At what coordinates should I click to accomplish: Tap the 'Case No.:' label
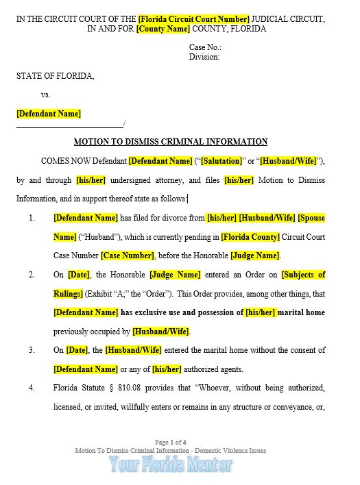pos(205,48)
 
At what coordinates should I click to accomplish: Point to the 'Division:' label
pos(204,58)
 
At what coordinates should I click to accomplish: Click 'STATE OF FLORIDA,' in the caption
pos(56,76)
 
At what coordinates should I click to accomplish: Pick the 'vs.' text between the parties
pos(46,95)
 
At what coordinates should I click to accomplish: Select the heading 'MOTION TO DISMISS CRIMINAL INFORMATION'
pos(171,142)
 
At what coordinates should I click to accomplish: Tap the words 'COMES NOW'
pos(64,161)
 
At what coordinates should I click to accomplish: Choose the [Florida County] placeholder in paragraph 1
pos(250,237)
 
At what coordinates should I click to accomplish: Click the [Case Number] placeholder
pos(128,256)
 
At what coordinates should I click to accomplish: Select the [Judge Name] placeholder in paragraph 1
pos(254,256)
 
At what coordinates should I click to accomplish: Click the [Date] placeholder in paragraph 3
pos(77,350)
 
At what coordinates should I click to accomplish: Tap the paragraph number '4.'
pos(32,388)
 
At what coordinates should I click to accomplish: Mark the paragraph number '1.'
pos(32,218)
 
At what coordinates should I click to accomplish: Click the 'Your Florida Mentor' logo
pos(171,465)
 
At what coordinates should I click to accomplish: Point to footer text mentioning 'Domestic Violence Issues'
pos(226,451)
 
